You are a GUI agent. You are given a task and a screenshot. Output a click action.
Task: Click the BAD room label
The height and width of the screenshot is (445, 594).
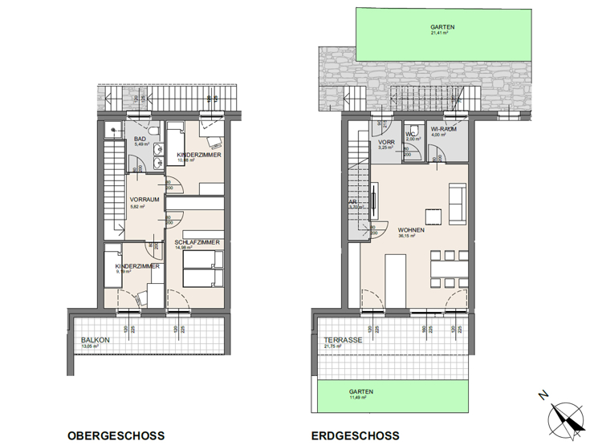point(140,139)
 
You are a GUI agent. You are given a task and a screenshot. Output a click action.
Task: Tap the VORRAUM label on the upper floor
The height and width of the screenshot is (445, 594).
point(145,200)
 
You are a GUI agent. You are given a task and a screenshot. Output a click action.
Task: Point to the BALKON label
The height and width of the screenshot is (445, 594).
point(96,340)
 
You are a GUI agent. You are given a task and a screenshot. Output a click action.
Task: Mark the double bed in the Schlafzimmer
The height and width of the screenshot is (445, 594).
point(201,269)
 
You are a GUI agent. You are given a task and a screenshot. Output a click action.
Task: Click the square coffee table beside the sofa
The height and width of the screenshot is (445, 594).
point(433,216)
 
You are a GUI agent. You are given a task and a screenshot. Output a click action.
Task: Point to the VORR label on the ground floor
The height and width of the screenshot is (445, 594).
point(386,142)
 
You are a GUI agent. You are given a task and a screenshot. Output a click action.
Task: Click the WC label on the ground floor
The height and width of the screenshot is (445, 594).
point(410,133)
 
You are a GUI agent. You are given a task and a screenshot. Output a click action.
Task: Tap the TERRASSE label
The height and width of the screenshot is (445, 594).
point(340,340)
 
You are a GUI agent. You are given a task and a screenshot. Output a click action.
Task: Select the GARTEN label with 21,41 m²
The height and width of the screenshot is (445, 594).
point(442,27)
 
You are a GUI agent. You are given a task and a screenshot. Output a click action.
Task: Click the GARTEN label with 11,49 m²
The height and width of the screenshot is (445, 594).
point(361,392)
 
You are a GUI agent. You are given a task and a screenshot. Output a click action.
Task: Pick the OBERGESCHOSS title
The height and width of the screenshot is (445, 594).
point(116,436)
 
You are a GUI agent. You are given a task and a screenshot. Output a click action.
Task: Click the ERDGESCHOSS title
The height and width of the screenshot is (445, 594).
point(355,436)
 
